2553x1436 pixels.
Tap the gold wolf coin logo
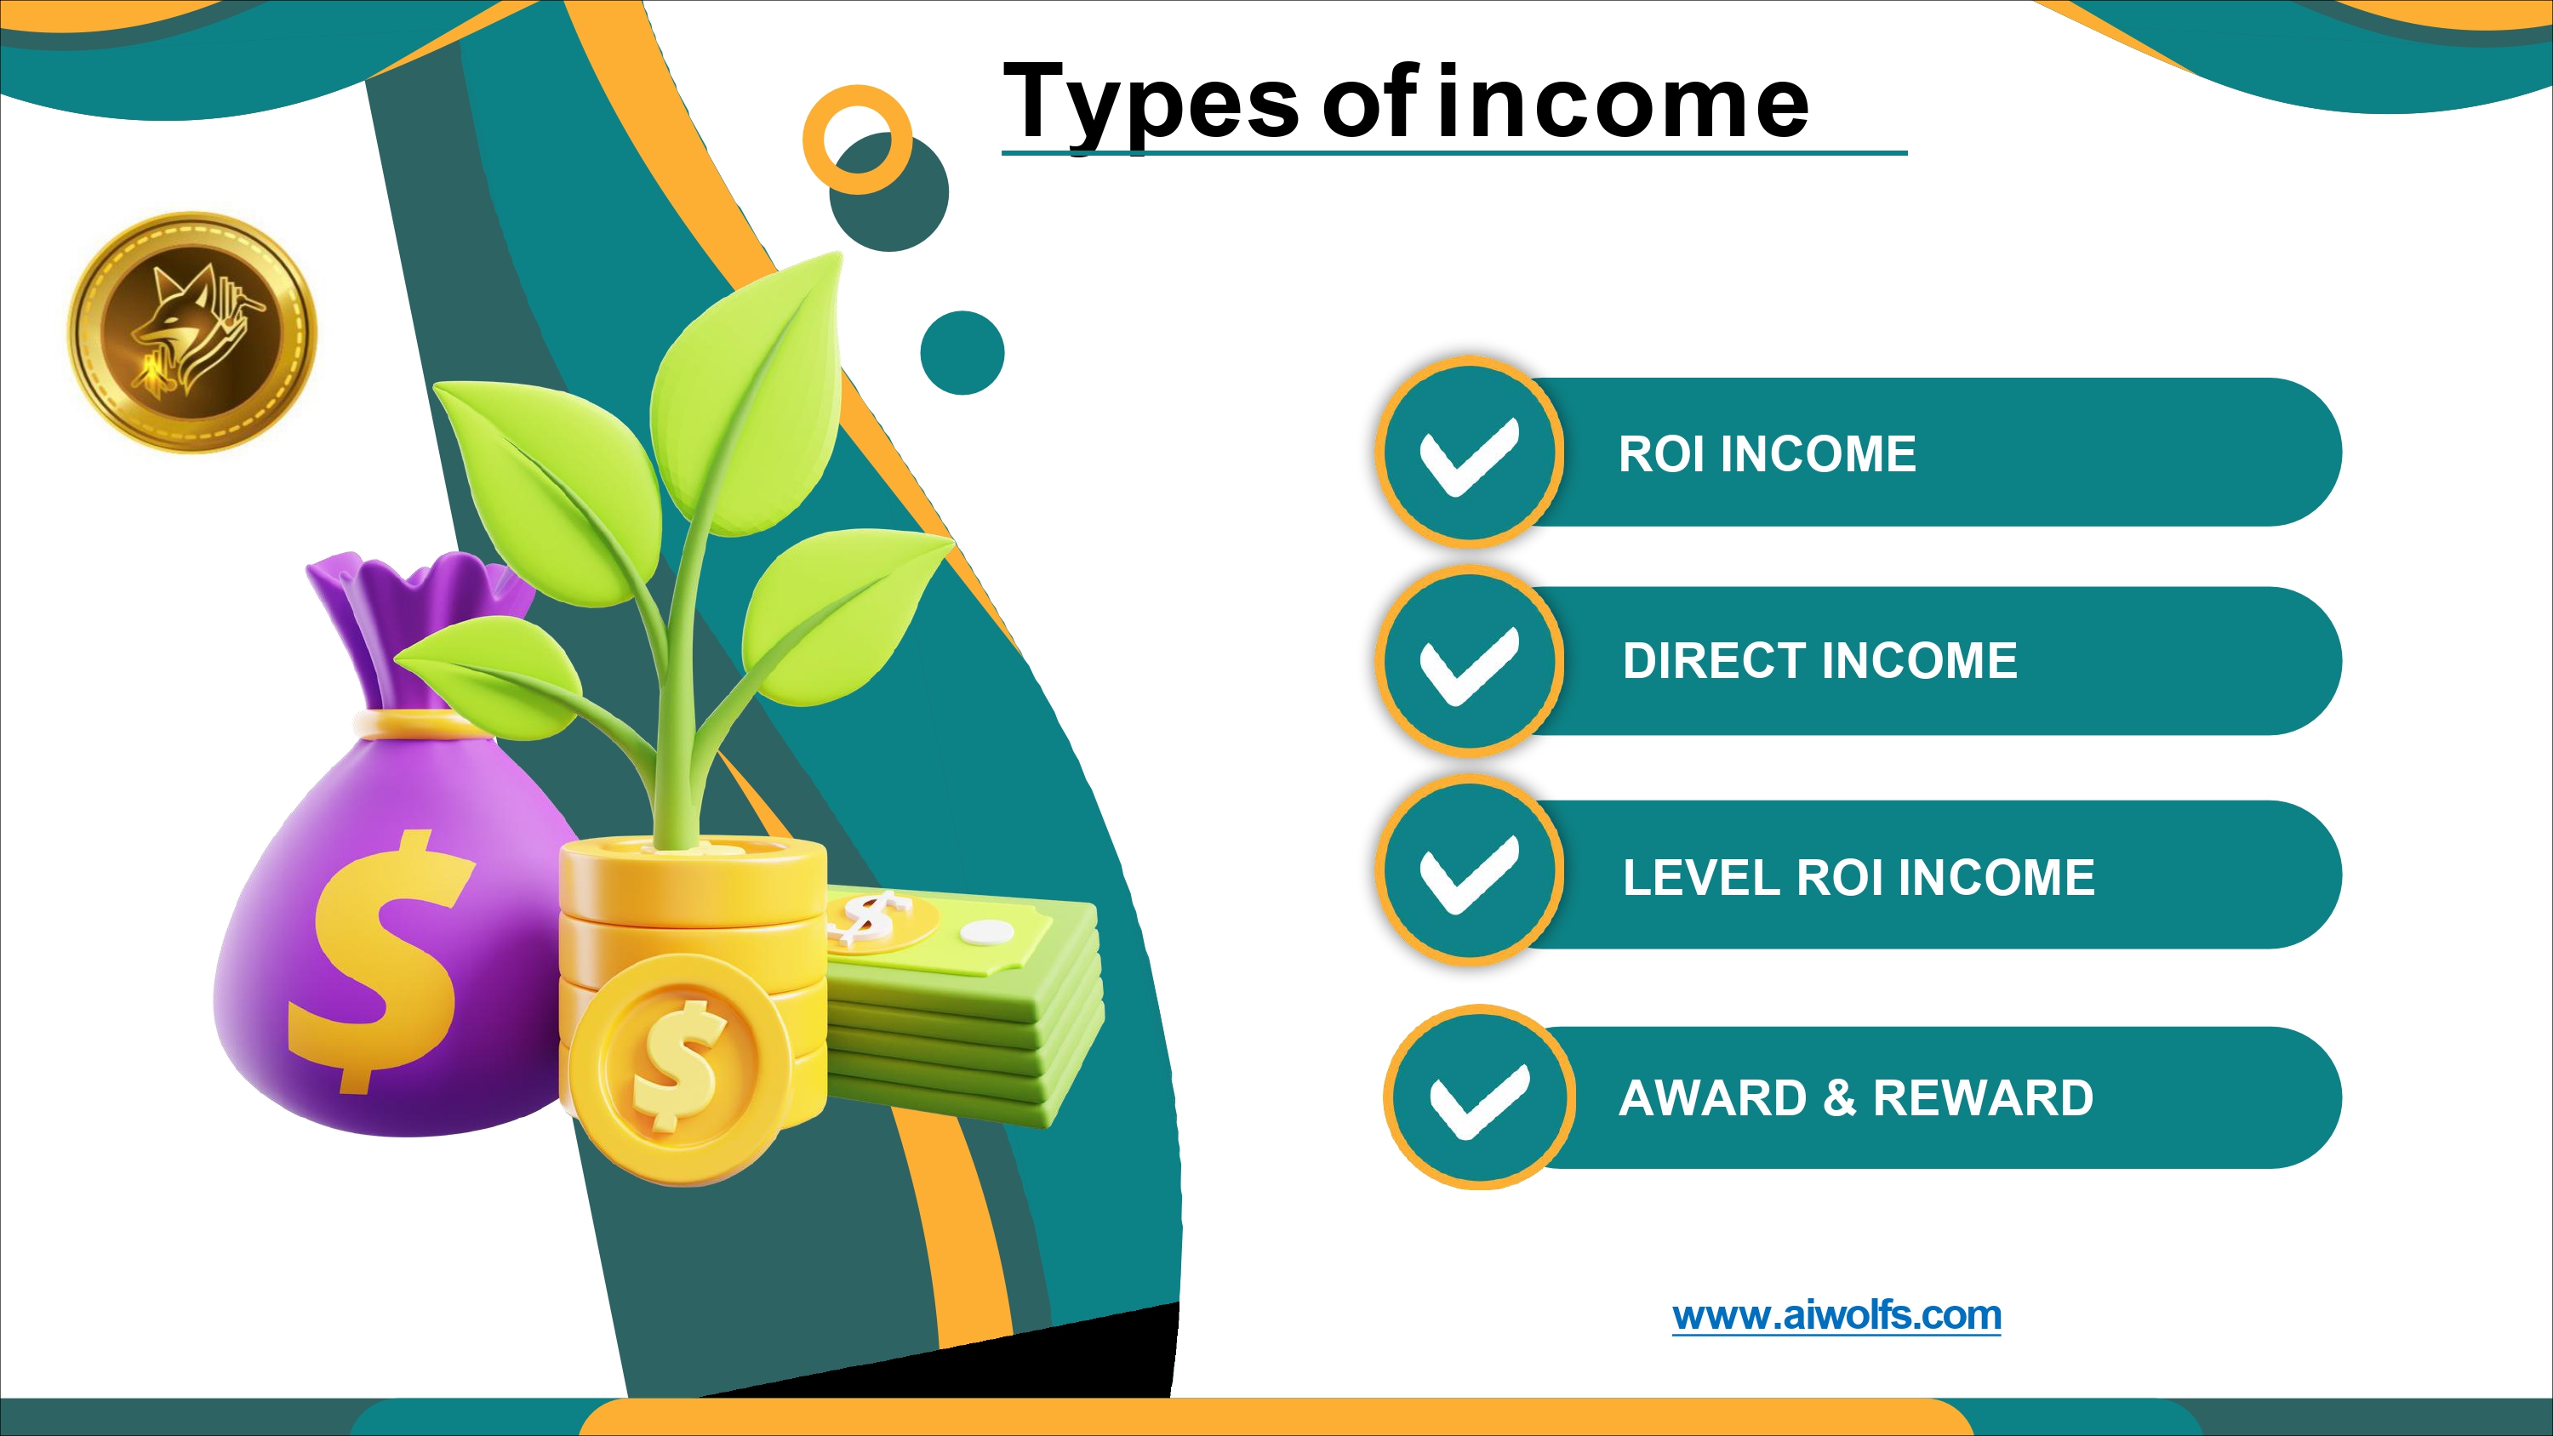(x=191, y=333)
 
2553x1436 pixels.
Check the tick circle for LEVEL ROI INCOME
(x=1470, y=871)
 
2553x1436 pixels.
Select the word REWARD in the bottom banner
(x=1983, y=1098)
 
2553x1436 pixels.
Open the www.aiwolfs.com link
(x=1836, y=1315)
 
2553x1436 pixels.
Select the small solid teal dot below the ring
(x=962, y=353)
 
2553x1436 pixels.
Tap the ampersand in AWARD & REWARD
(x=1839, y=1098)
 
